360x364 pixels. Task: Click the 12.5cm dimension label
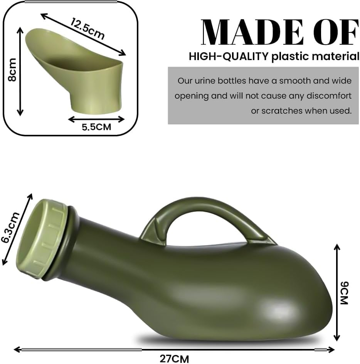(x=87, y=29)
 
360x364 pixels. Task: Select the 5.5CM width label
(x=96, y=127)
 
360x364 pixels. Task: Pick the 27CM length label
(x=174, y=358)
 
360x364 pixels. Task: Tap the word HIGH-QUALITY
(x=229, y=57)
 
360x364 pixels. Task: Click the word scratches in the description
(x=282, y=111)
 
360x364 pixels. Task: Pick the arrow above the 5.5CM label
(x=96, y=119)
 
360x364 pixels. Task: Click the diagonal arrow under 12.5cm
(x=83, y=35)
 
